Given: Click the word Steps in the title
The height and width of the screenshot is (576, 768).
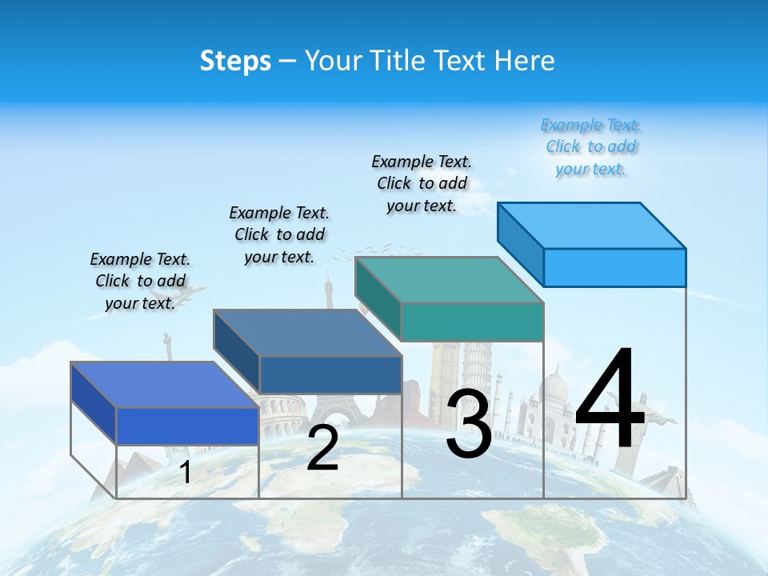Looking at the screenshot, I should coord(235,61).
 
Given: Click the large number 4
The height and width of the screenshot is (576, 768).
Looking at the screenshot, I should coord(610,402).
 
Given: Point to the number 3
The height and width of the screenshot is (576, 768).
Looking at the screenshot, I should coord(469,424).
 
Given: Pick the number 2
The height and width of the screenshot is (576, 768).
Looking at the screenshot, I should coord(322,448).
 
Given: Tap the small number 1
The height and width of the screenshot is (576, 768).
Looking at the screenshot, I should coord(185,472).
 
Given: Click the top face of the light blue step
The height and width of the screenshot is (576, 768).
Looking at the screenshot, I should coord(592,226).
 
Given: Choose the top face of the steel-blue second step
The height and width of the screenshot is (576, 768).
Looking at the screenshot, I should coord(307,333).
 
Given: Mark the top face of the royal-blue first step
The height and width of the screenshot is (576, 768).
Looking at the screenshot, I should coord(165,385).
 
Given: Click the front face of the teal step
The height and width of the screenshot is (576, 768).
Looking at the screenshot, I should coord(472,322).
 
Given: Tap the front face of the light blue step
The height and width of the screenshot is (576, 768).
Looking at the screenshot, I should coord(614,267).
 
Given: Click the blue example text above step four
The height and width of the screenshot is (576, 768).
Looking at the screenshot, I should coord(591,147).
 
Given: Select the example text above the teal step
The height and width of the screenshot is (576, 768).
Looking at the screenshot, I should coord(422,183).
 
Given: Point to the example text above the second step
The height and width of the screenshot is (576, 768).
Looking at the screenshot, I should coord(279,234).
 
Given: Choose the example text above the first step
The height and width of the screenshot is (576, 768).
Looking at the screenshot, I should coord(140,281).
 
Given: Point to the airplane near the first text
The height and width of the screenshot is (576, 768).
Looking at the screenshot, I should coord(192,293).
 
